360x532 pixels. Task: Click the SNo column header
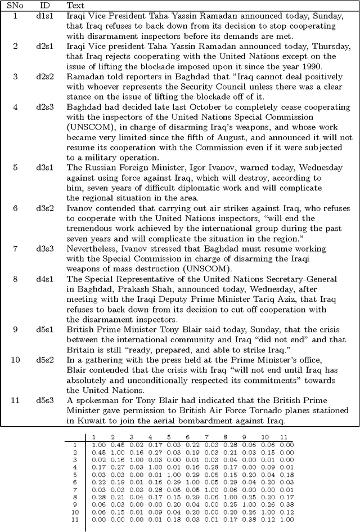click(x=15, y=5)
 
